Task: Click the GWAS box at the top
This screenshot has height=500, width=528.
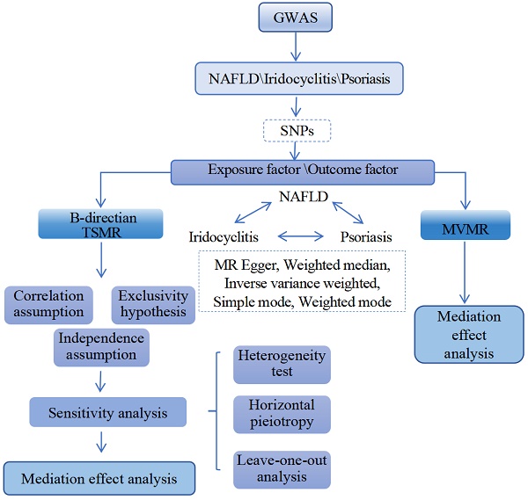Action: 263,18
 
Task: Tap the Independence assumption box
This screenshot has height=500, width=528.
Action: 100,345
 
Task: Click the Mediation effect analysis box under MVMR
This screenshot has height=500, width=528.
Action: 468,335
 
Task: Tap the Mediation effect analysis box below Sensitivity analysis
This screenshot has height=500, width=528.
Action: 99,479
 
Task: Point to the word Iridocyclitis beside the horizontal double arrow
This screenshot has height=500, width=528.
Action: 226,236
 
